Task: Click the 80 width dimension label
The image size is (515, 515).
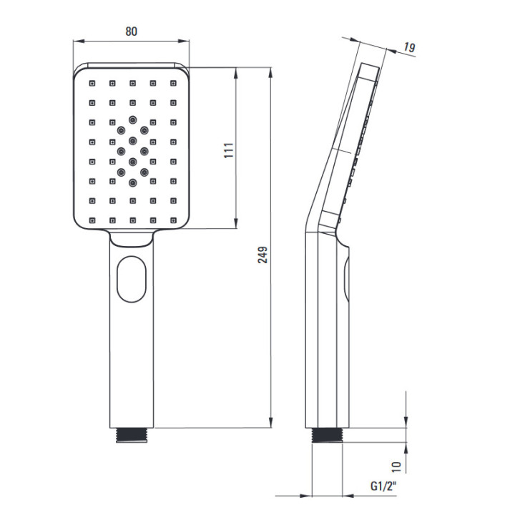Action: (132, 31)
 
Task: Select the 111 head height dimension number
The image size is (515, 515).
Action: (229, 150)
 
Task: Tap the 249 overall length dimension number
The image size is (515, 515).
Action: (263, 255)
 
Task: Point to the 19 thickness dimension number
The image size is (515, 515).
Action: (409, 48)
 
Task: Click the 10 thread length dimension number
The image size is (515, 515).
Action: (397, 466)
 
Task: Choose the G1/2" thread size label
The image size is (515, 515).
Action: (383, 486)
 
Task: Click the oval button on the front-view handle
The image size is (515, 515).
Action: (132, 279)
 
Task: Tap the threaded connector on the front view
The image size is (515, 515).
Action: (132, 435)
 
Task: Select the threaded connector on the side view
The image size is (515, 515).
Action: (327, 435)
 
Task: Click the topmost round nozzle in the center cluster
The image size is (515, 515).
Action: (133, 119)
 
